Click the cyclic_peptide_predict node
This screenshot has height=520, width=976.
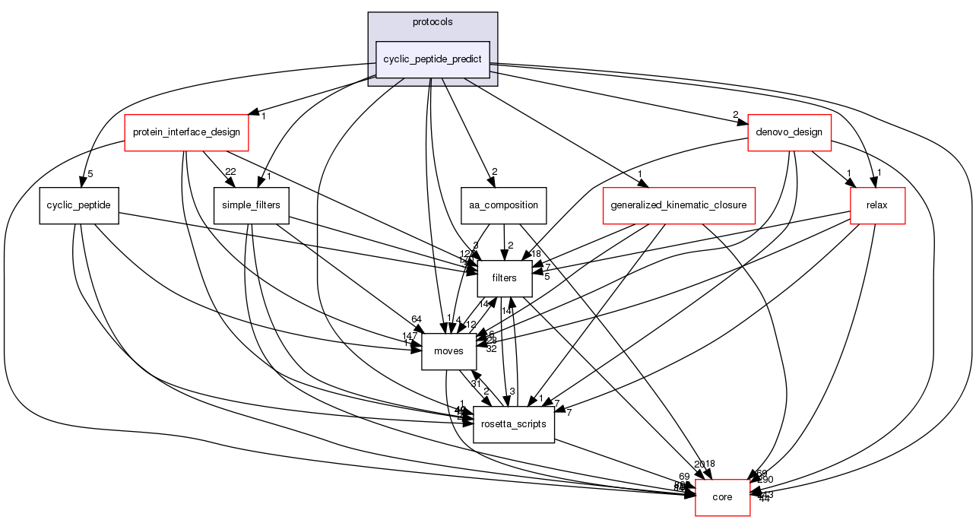point(433,58)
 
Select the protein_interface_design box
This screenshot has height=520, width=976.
point(186,132)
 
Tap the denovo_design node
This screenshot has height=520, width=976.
point(789,132)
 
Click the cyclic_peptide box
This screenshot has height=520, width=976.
point(79,206)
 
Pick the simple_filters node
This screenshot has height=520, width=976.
point(251,206)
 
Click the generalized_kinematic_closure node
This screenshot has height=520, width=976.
point(678,206)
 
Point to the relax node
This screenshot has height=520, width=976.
point(877,206)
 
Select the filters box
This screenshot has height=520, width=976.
point(504,278)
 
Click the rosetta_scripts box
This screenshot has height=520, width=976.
point(514,424)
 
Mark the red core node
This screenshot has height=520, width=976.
point(722,497)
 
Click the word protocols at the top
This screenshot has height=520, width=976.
point(433,22)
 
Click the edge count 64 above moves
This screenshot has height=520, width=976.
point(416,319)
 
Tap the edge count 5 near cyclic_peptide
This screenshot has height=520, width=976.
point(90,173)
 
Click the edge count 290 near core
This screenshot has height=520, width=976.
point(765,480)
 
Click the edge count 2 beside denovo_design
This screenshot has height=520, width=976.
point(735,115)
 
